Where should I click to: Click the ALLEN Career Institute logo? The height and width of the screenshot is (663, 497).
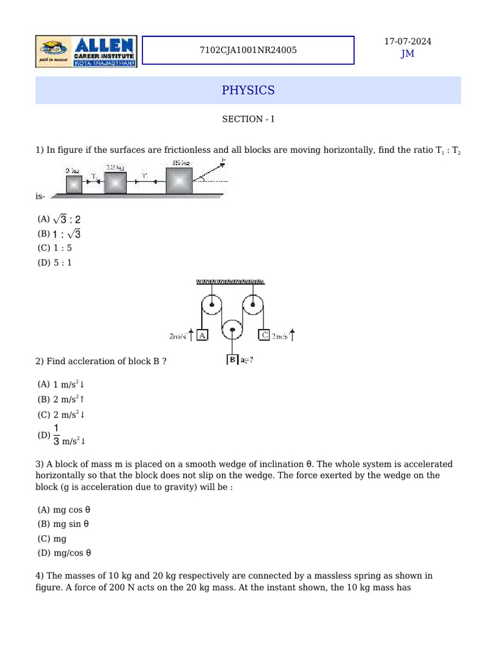pos(86,51)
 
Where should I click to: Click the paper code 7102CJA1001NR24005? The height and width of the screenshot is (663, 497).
pos(248,50)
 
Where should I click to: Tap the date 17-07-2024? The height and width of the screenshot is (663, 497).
pos(408,41)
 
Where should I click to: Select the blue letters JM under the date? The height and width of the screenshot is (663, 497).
pos(408,54)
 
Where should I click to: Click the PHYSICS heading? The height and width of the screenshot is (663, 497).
pos(248,90)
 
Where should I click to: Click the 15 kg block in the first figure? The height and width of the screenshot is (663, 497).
pos(179,181)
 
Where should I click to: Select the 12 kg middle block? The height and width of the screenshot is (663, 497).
pos(115,183)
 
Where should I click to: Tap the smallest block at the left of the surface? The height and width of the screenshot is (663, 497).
pos(74,185)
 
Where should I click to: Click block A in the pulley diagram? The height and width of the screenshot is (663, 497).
pos(202,335)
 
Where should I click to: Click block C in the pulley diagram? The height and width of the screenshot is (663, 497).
pos(264,335)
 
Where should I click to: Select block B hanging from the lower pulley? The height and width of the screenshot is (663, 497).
pos(232,360)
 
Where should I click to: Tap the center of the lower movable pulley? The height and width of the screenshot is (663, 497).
pos(232,330)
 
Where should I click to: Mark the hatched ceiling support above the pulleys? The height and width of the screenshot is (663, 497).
pos(230,282)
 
